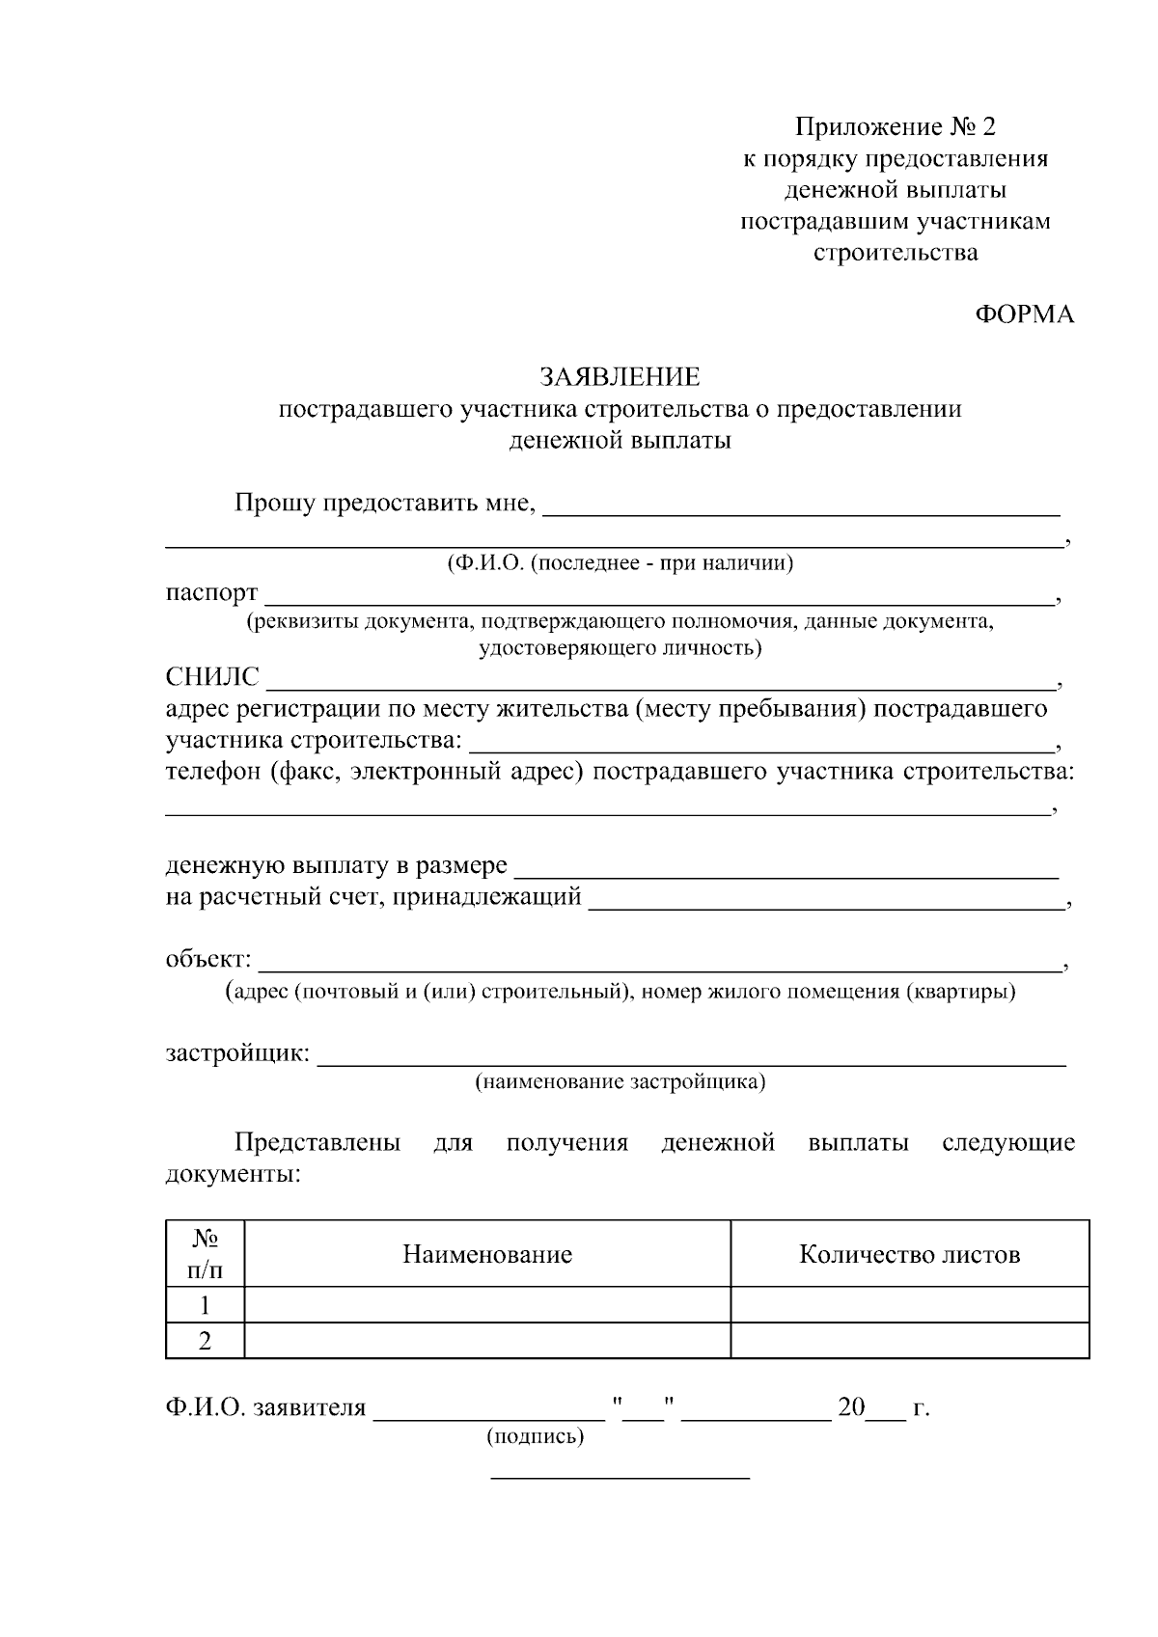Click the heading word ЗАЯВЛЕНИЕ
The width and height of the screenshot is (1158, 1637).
point(620,376)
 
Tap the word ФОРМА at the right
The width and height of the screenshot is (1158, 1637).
point(1024,314)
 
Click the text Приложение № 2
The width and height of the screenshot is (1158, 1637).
point(894,127)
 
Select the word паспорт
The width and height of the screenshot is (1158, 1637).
point(211,591)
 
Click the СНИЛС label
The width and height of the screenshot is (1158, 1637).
point(212,677)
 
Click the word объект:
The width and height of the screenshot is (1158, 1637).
point(208,960)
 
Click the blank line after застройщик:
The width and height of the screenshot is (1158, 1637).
point(691,1063)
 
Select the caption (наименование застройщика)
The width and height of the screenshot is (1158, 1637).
point(620,1081)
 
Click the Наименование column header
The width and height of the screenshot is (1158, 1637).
point(487,1254)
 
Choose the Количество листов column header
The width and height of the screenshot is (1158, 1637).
point(909,1254)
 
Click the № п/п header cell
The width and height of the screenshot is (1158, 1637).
point(205,1253)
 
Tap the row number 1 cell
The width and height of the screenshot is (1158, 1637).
point(205,1305)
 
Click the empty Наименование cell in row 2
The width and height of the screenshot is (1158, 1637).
point(487,1341)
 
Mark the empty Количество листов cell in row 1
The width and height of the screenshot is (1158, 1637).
point(909,1305)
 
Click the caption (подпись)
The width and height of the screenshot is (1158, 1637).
point(536,1436)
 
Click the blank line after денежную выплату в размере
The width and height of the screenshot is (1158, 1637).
point(786,876)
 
